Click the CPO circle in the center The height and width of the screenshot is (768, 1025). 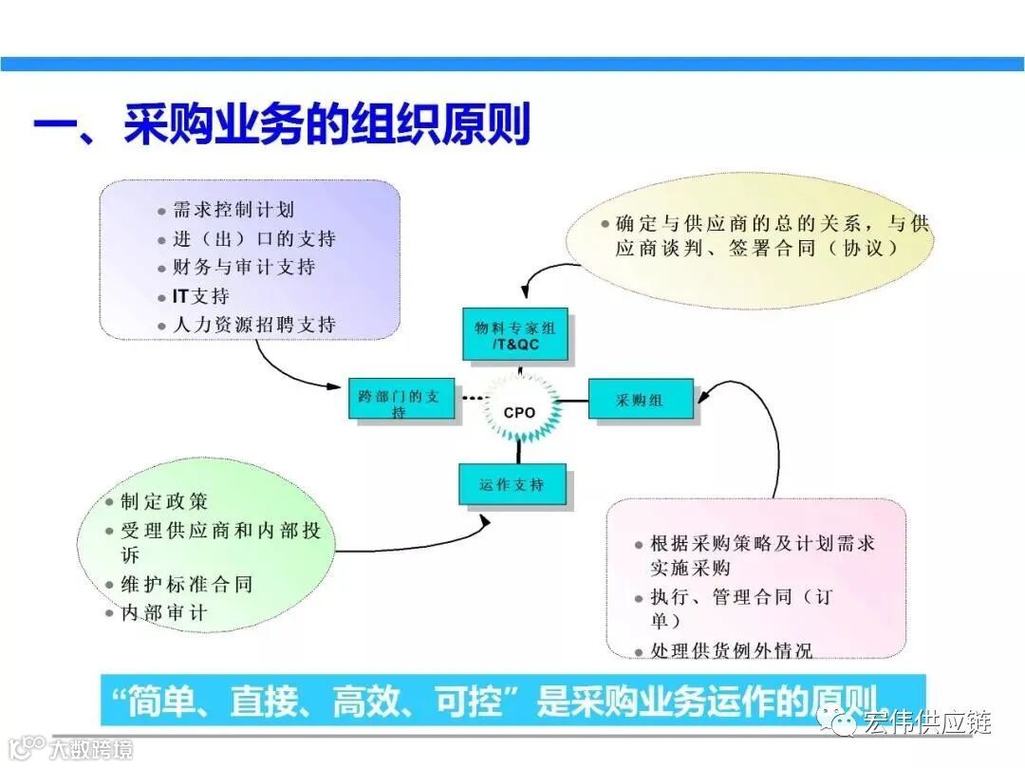tap(519, 412)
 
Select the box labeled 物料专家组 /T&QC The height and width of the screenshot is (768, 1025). tap(515, 335)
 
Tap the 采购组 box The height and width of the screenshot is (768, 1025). tap(641, 400)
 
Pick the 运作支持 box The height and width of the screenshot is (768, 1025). tap(512, 484)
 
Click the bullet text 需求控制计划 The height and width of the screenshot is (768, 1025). tap(233, 210)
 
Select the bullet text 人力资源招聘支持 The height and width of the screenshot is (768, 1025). tap(253, 325)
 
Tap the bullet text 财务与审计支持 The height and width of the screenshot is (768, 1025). tap(244, 267)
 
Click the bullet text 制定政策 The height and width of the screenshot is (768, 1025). tap(164, 501)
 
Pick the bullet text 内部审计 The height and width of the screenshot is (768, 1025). tap(163, 612)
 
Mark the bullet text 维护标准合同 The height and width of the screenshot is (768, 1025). tap(186, 584)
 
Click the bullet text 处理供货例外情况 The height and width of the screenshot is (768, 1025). tap(731, 651)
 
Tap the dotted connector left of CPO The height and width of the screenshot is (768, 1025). tap(472, 400)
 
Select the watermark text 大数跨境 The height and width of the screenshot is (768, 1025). tap(92, 748)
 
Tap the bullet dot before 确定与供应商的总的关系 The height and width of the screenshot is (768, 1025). tap(606, 224)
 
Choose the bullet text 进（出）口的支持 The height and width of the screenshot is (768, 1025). tap(253, 238)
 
